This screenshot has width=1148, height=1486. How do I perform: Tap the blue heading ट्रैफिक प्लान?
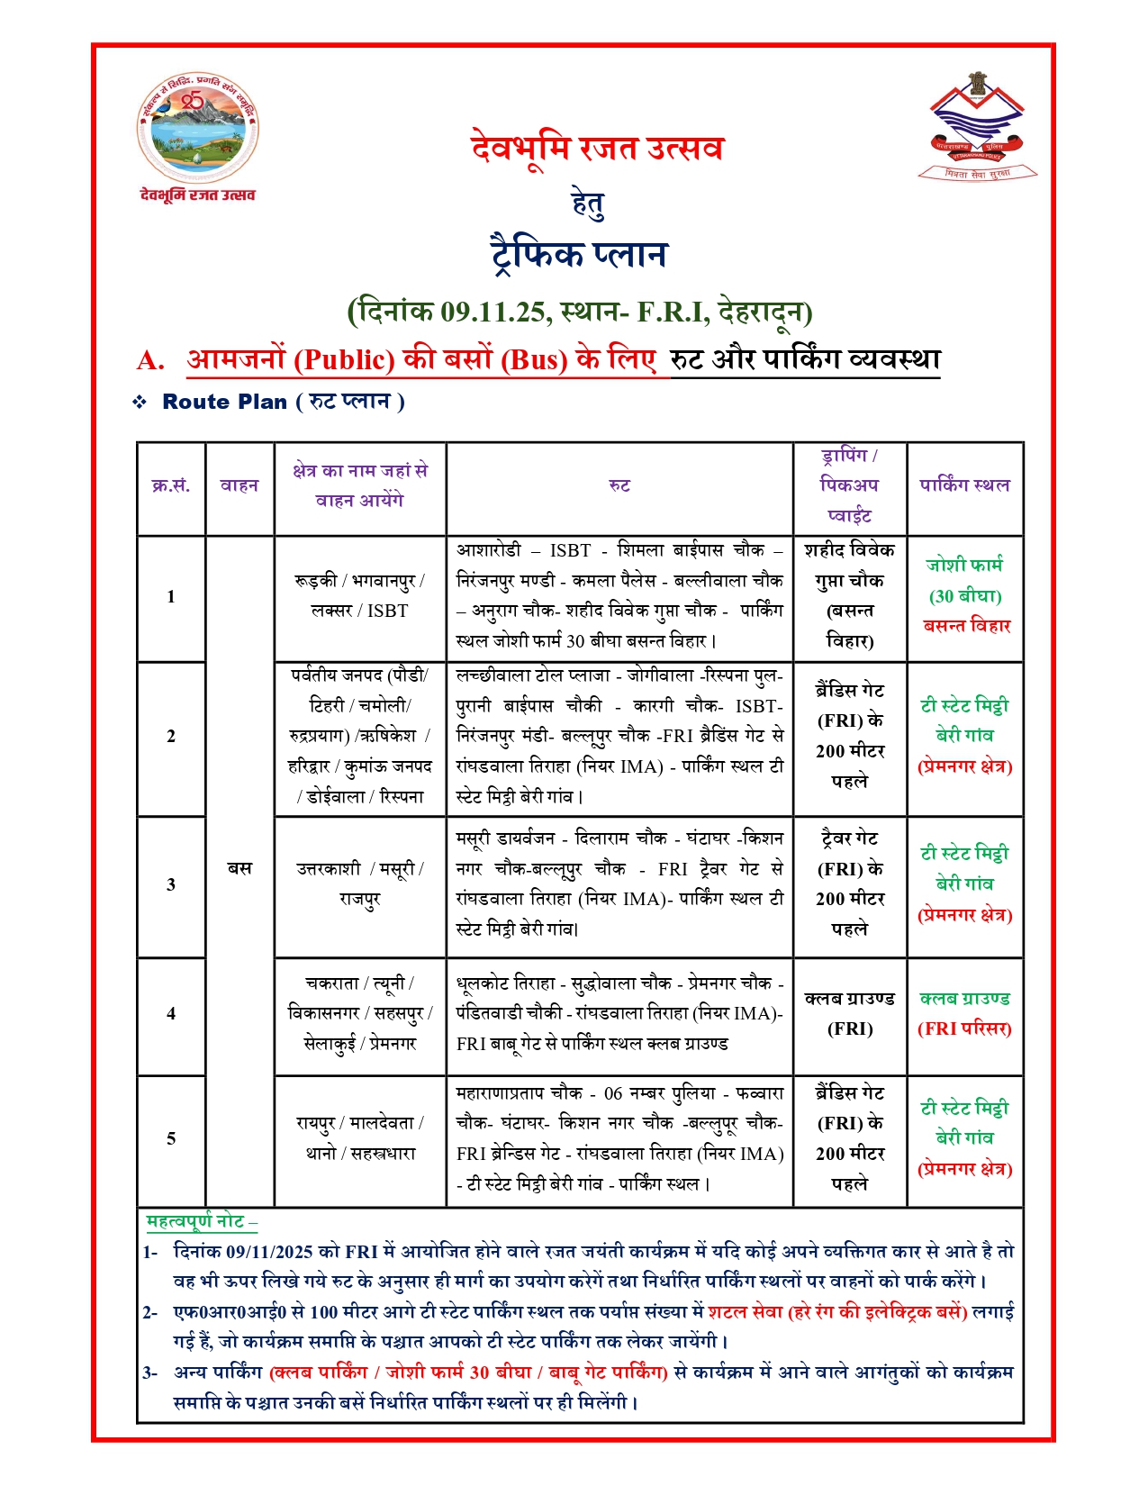(x=578, y=254)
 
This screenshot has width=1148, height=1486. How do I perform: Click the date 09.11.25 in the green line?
(x=493, y=312)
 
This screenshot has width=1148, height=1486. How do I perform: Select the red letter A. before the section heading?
(x=150, y=360)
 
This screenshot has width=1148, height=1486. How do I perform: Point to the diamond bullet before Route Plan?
(x=140, y=402)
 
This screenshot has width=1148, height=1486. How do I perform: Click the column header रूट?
(x=619, y=485)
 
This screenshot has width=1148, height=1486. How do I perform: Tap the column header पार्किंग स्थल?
(x=964, y=485)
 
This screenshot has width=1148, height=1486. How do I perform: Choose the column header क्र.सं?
(x=171, y=485)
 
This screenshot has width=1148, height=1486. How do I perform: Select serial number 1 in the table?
(x=171, y=596)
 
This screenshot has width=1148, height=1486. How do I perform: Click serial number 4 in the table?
(x=171, y=1013)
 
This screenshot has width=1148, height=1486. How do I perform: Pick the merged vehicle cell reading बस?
(x=240, y=868)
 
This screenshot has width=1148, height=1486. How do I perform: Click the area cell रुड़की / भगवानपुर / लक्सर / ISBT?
(x=359, y=595)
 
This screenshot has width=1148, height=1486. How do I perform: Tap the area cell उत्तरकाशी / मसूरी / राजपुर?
(x=359, y=883)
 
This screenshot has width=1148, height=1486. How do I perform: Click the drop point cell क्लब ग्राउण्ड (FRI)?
(x=849, y=1013)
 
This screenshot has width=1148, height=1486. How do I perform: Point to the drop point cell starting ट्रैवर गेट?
(x=849, y=883)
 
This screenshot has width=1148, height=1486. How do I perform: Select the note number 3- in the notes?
(x=150, y=1373)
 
